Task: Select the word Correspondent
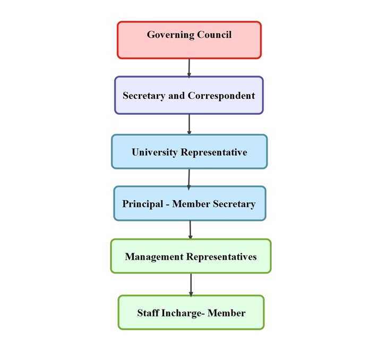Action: click(x=221, y=96)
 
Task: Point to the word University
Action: click(x=154, y=152)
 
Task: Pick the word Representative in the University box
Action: click(x=213, y=152)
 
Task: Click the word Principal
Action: click(x=142, y=204)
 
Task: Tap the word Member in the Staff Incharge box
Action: click(x=227, y=313)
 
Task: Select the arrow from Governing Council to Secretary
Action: click(x=189, y=67)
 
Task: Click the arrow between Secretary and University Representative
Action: click(x=190, y=124)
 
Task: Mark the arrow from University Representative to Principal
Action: click(x=189, y=178)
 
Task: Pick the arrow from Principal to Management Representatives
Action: click(x=190, y=230)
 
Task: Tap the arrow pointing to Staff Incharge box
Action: click(x=191, y=285)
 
